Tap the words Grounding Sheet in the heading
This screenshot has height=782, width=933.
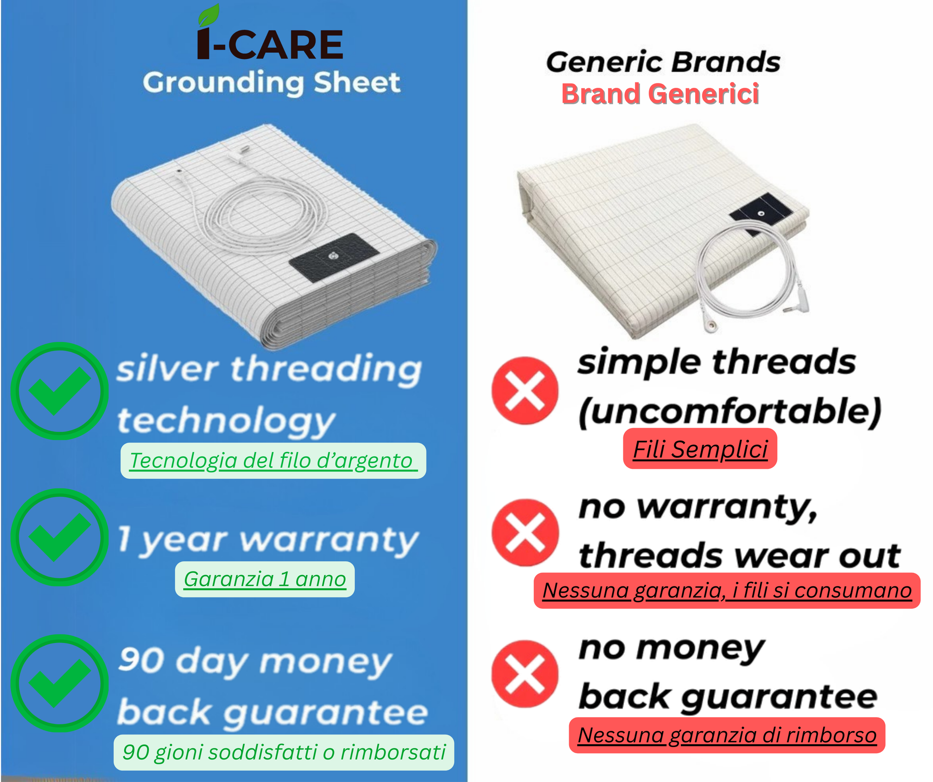tap(271, 82)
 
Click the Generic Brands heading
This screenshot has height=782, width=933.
tap(663, 62)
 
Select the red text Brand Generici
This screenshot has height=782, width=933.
tap(660, 93)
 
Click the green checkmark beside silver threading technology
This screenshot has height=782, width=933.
tap(59, 391)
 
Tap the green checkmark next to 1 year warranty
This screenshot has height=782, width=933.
tap(59, 537)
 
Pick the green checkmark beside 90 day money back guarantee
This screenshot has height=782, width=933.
tap(59, 683)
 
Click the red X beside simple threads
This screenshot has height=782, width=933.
tap(525, 391)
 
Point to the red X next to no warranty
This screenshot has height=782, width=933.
tap(525, 532)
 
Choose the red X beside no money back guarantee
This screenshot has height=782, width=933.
tap(525, 674)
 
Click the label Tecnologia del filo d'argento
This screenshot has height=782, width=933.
tap(273, 461)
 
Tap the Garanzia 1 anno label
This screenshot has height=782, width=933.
tap(265, 579)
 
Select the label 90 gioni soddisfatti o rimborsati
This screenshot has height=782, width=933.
tap(284, 752)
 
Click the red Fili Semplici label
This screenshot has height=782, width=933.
tap(700, 449)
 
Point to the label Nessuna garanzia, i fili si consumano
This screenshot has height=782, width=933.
tap(727, 591)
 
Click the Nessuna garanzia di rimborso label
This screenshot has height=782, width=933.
tap(727, 735)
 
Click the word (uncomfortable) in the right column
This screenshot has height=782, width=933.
tap(730, 412)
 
